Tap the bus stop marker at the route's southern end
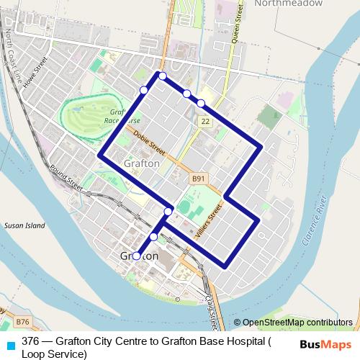tap(137, 256)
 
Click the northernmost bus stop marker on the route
tap(163, 76)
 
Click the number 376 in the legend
tap(30, 342)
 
